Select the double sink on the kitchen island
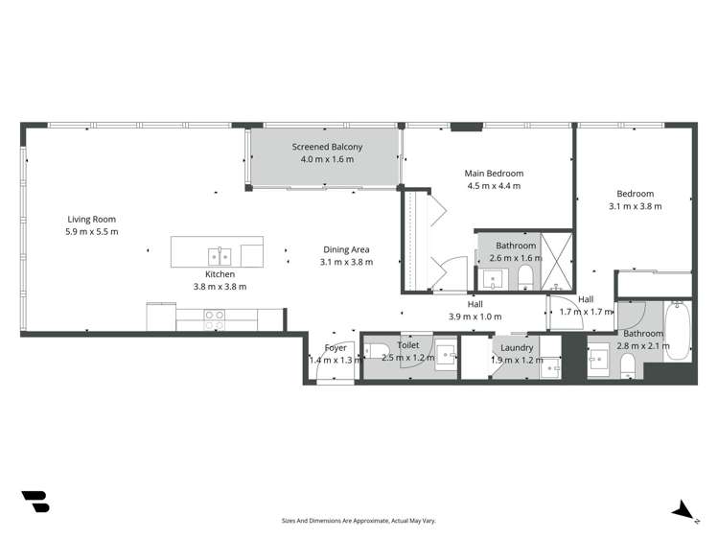(x=220, y=255)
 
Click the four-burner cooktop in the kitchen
(x=215, y=319)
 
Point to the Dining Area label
(x=347, y=248)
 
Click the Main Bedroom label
(x=494, y=174)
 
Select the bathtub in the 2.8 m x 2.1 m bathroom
(x=677, y=331)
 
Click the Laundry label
(x=517, y=347)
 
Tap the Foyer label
(x=336, y=347)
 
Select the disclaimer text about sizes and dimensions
(x=359, y=521)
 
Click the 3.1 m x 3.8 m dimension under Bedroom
(x=635, y=205)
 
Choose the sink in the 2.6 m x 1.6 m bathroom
(x=493, y=279)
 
